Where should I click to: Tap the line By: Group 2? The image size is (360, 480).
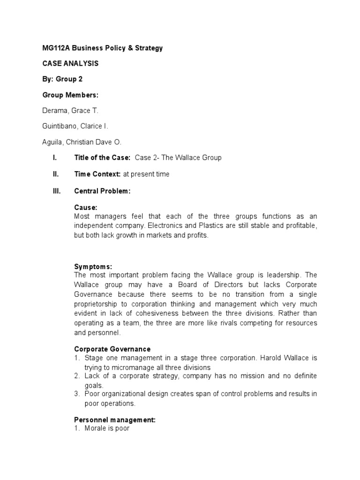[x=62, y=79]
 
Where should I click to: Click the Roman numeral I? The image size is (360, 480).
[x=55, y=158]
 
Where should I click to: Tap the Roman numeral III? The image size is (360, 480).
[x=57, y=191]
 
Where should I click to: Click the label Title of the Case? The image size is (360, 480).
[x=102, y=158]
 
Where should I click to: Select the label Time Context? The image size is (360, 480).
[x=97, y=174]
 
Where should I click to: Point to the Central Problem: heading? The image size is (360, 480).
[x=102, y=191]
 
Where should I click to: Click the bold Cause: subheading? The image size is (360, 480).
[x=86, y=207]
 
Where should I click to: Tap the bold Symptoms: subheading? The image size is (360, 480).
[x=93, y=266]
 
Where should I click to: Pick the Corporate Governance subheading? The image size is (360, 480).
[x=112, y=349]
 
